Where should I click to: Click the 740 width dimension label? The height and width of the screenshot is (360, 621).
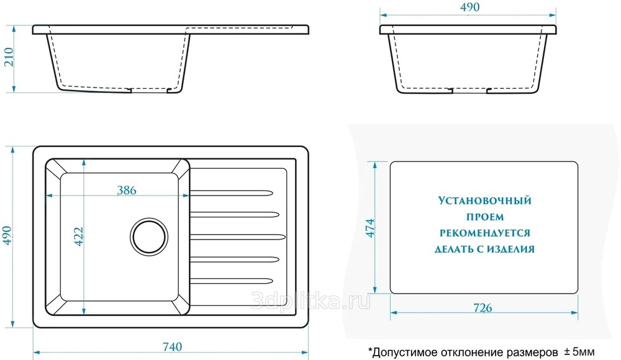(172, 347)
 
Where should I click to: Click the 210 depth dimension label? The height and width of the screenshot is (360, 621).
(9, 57)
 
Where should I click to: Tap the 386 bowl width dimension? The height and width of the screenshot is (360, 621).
(127, 191)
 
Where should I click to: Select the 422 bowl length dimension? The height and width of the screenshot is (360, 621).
(79, 236)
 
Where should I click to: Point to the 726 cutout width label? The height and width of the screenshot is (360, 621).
(483, 308)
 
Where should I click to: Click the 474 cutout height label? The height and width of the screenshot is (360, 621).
(369, 228)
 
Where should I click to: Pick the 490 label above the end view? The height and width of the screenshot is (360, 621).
(470, 7)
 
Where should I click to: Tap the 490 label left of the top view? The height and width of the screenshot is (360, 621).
(7, 236)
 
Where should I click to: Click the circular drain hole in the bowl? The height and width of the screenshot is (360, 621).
(149, 237)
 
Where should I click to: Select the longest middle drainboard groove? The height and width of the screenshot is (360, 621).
(238, 237)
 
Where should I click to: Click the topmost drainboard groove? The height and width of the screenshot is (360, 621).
(232, 193)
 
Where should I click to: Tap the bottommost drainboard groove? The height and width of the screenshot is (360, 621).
(232, 281)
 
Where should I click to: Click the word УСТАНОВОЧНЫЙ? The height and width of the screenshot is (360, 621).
(485, 200)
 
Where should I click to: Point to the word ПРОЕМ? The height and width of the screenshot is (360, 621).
(485, 217)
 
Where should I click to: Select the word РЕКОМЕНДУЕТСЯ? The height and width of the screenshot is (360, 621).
(485, 233)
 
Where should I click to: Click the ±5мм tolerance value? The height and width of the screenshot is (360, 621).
(579, 352)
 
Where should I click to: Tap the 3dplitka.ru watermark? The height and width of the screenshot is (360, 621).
(311, 302)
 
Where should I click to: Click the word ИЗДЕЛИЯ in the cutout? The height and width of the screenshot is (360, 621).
(510, 249)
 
